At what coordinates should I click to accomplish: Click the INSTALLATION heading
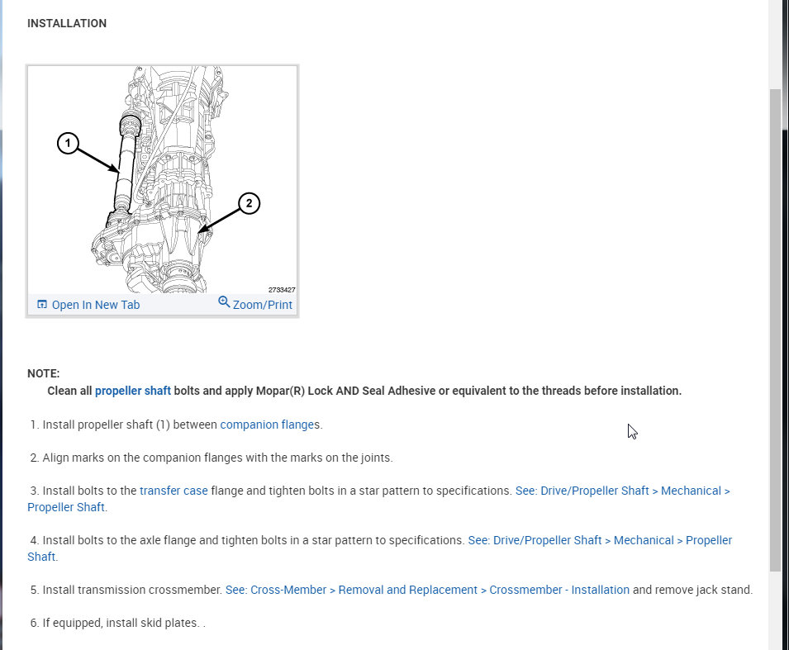pos(66,23)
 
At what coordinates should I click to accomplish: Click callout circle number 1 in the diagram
pos(68,144)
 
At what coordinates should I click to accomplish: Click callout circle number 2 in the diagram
pos(249,203)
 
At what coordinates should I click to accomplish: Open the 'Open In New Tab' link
pos(95,305)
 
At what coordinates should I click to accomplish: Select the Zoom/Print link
pos(262,305)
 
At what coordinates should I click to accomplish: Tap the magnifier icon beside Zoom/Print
pos(224,302)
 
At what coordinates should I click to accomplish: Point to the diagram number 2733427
pos(281,290)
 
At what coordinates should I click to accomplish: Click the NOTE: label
pos(43,373)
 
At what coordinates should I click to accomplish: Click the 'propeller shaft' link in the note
pos(132,391)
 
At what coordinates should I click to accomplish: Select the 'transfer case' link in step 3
pos(173,491)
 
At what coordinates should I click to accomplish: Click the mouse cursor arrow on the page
pos(631,430)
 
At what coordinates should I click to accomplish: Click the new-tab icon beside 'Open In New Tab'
pos(42,304)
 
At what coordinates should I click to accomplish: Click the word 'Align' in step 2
pos(57,458)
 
